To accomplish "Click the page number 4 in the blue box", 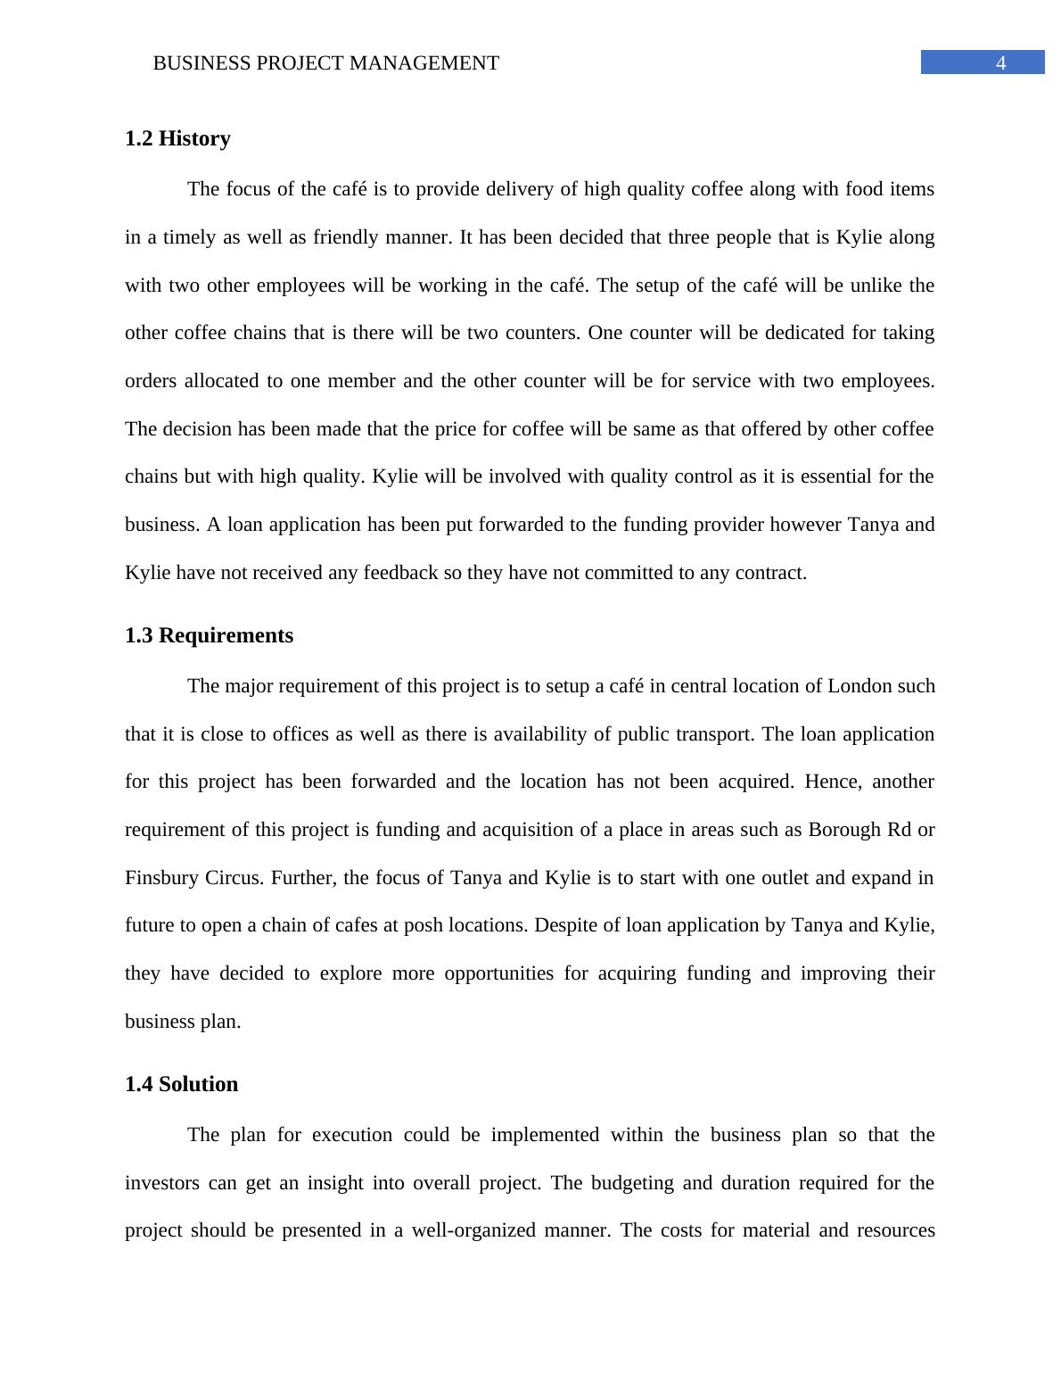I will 1000,62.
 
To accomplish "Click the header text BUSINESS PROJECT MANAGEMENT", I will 325,63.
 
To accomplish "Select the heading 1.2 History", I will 177,138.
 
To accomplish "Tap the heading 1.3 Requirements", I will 209,635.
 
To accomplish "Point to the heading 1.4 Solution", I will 181,1084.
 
